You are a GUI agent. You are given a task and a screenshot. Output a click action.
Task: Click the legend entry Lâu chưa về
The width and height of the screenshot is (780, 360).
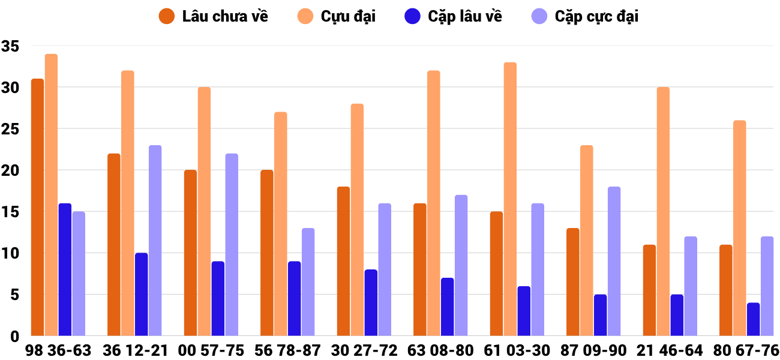(x=214, y=17)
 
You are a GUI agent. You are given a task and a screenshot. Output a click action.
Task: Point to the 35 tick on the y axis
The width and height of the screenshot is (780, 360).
(x=11, y=46)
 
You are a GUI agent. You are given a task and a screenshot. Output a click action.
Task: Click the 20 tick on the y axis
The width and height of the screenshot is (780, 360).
(x=11, y=170)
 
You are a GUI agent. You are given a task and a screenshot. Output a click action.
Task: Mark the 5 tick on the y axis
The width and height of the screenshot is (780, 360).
(x=14, y=295)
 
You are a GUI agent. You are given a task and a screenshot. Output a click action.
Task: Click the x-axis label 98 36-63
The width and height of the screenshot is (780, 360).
(x=58, y=350)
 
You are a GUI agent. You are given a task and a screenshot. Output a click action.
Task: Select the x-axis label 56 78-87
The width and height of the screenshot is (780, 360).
(x=287, y=350)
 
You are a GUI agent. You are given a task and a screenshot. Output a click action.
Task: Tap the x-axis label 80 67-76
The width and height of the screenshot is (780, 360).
(x=746, y=350)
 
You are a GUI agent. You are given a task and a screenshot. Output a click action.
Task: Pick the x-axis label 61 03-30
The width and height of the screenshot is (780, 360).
(x=517, y=350)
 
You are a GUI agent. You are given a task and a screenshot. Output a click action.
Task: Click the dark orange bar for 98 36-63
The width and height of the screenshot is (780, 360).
(x=37, y=207)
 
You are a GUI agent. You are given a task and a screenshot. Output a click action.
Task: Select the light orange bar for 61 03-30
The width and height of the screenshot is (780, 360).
(x=510, y=199)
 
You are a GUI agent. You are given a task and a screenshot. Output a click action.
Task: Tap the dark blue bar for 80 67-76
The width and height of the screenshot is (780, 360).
(x=753, y=319)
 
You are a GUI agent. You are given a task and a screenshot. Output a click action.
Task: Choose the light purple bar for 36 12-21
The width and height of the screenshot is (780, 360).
(x=155, y=240)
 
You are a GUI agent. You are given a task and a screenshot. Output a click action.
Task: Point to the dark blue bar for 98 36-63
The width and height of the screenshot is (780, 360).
(x=65, y=269)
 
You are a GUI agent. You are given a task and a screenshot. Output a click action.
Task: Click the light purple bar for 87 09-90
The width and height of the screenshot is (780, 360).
(x=614, y=261)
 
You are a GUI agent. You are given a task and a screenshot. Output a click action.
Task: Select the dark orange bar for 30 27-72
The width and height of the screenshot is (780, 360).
(x=343, y=261)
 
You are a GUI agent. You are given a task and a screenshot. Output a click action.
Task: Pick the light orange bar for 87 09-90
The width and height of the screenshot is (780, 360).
(x=586, y=241)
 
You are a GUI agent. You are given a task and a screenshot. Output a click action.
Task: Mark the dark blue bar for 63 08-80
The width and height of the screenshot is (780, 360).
(x=447, y=307)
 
